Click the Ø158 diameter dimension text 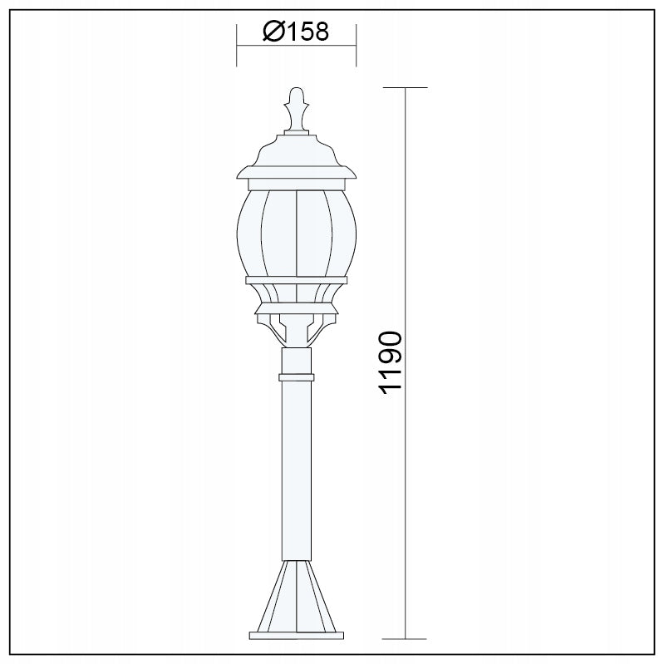[297, 32]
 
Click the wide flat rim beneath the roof [297, 174]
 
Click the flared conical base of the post [297, 594]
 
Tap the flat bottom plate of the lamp [297, 637]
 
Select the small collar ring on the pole [297, 377]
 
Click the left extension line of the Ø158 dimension [238, 46]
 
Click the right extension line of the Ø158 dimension [356, 46]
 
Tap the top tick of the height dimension [406, 87]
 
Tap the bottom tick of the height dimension [406, 639]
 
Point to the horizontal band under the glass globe [297, 280]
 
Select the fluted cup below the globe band [297, 294]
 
